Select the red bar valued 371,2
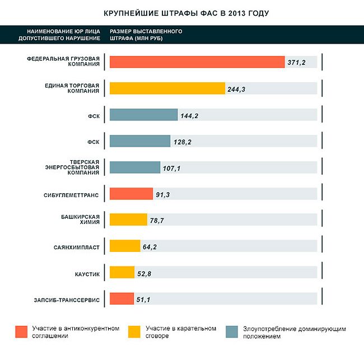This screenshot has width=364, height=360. pos(197,62)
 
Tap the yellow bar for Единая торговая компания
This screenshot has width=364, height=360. pos(167,88)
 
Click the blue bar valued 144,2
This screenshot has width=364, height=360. pos(143,115)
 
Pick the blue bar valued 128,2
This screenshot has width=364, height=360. pos(140,141)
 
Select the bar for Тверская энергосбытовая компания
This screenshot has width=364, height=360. pos(135,167)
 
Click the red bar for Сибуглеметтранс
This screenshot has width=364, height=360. pos(131,194)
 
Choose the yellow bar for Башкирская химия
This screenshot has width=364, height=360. pos(128,219)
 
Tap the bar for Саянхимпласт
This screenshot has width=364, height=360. pos(125,246)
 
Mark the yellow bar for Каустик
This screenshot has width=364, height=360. pos(122,272)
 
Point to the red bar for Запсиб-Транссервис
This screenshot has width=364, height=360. pos(122,298)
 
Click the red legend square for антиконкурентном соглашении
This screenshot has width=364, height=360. pos(22,331)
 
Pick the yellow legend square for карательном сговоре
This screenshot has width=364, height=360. pos(134,331)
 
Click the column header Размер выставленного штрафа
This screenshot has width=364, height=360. pos(146,35)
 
